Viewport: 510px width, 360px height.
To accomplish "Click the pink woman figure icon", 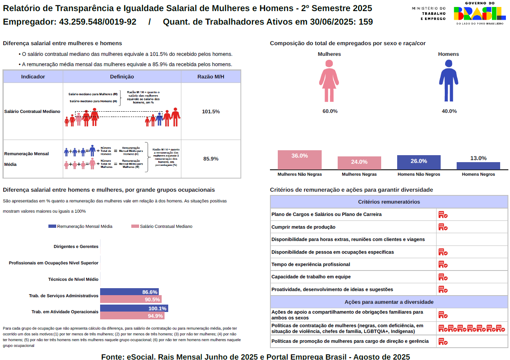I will point(329,81).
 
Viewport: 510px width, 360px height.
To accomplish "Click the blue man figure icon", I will point(448,81).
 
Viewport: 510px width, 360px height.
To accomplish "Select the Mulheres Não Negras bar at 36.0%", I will point(300,160).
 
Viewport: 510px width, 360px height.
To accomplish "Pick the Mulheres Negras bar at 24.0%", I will point(359,163).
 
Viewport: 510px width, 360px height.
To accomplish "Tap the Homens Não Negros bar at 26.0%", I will point(419,162).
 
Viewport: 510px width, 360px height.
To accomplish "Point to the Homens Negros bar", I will point(478,166).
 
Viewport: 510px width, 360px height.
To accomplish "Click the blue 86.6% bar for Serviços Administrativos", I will point(129,292).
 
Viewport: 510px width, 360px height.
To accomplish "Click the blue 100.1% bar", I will point(134,308).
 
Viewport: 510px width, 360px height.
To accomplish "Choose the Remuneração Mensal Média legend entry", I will point(80,226).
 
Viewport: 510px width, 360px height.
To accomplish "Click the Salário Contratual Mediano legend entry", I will point(162,226).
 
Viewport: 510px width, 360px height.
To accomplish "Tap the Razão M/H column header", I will point(210,76).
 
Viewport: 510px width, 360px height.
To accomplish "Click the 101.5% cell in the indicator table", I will point(210,111).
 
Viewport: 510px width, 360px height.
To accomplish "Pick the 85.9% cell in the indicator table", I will point(210,158).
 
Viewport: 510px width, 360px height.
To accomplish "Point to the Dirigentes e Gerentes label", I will point(76,246).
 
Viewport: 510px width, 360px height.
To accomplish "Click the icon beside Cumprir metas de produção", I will point(443,227).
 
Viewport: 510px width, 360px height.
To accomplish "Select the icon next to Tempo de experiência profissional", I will point(443,264).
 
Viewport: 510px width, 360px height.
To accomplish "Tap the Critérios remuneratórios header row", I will point(389,202).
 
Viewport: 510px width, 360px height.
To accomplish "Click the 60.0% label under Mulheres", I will point(329,111).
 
